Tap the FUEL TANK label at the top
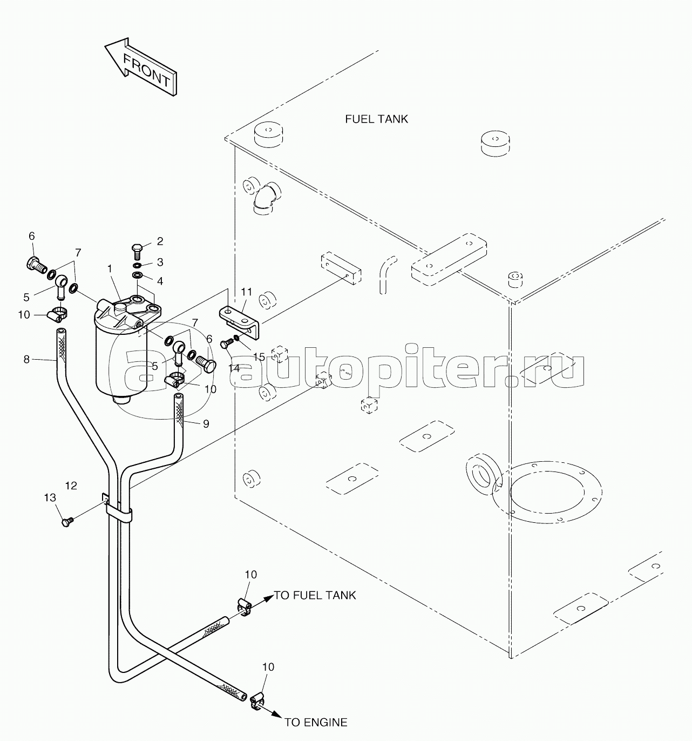(376, 119)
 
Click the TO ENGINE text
(316, 722)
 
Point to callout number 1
(110, 268)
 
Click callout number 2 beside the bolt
(160, 241)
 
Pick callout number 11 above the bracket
(246, 292)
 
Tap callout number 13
(50, 497)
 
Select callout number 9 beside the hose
(206, 423)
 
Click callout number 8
(26, 359)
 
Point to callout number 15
(259, 357)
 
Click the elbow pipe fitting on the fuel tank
(266, 198)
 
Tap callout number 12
(71, 486)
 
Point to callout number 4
(160, 281)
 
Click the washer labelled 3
(138, 265)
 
